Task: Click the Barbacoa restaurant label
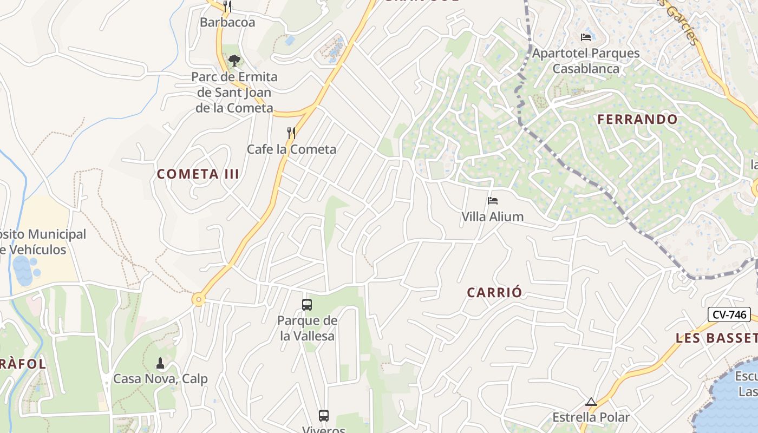pos(227,22)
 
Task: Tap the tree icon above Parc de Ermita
pos(234,60)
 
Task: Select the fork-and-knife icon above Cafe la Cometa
pos(291,133)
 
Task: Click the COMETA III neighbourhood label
pos(198,174)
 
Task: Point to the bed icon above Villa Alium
pos(492,201)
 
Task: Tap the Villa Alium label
pos(492,216)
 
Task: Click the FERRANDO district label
pos(638,120)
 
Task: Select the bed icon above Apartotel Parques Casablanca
pos(585,37)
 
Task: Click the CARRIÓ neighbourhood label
pos(495,293)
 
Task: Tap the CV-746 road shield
pos(729,314)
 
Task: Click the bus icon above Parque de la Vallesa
pos(307,305)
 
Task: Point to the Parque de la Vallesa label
pos(307,328)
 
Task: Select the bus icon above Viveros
pos(324,416)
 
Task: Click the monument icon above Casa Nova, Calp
pos(160,363)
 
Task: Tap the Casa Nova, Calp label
pos(160,378)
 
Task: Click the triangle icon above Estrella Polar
pos(591,402)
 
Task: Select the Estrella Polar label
pos(591,417)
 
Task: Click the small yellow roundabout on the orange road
pos(199,299)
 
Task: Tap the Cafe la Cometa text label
pos(291,149)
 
